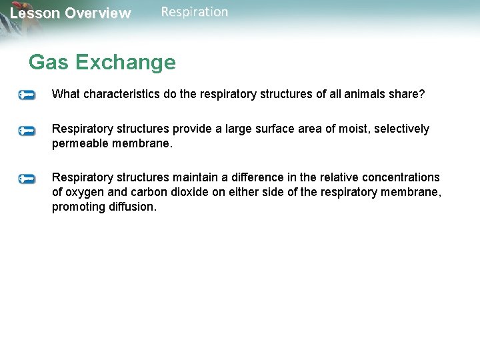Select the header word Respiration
(194, 12)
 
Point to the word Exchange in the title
(125, 62)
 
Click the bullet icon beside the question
(27, 95)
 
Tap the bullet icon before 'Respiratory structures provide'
(27, 130)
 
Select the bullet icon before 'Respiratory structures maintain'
(27, 178)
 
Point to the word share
(409, 94)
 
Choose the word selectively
(401, 129)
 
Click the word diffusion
(133, 207)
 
